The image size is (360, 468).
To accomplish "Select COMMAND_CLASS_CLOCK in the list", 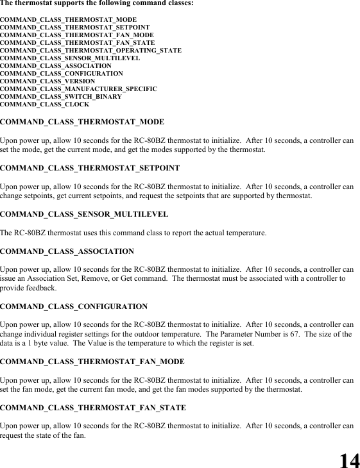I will [44, 104].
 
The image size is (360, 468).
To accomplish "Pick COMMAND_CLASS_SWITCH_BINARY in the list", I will [60, 96].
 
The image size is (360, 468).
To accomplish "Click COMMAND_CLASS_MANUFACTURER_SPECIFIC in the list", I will [78, 88].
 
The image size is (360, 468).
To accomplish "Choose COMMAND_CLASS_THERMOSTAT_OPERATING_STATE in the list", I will [90, 50].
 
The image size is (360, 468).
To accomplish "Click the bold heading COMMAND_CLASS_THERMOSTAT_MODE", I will [81, 121].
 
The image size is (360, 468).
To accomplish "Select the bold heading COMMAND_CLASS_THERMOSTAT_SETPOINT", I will [89, 168].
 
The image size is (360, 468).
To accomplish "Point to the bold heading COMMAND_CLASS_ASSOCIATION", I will [67, 251].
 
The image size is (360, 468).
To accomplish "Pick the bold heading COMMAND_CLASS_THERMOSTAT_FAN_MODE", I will [92, 361].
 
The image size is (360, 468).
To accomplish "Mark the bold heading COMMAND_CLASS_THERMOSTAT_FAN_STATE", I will [93, 407].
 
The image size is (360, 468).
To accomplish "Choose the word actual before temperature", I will [211, 232].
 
